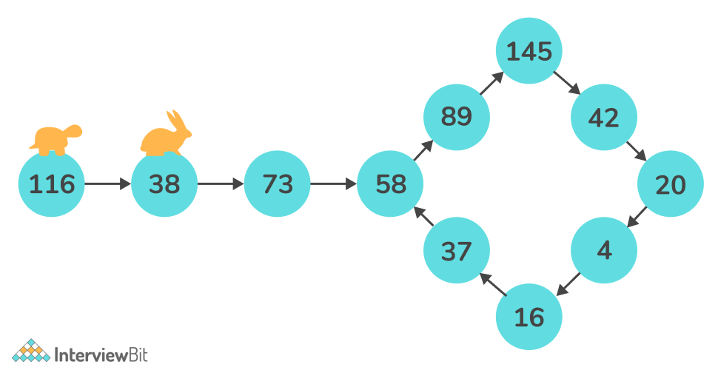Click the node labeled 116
tap(52, 184)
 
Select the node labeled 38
tap(164, 184)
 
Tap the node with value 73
tap(278, 184)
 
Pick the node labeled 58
tap(390, 184)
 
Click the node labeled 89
tap(456, 117)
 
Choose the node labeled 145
tap(529, 51)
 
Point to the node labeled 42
tap(603, 117)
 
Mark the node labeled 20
tap(671, 184)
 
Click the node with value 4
tap(604, 251)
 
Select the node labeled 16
tap(529, 317)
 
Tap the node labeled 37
tap(456, 251)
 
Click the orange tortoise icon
tap(56, 139)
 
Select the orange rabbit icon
tap(166, 136)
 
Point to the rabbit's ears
tap(174, 118)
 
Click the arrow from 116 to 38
tap(108, 184)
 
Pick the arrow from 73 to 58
tap(334, 184)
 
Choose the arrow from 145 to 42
tap(566, 84)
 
